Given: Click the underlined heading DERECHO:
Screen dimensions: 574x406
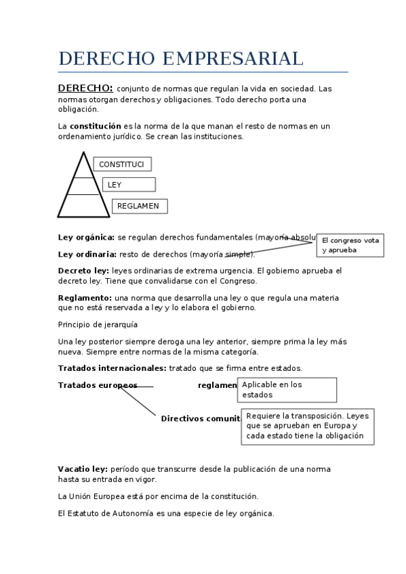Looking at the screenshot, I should point(85,88).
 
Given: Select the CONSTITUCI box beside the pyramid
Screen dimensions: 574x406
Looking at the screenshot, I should point(122,164).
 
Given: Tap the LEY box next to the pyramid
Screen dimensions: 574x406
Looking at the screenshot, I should point(129,185).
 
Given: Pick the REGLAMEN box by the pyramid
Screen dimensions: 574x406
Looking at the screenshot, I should point(139,206).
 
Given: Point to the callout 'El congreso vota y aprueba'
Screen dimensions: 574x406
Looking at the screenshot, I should point(350,245).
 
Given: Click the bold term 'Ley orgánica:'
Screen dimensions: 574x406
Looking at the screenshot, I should point(86,238).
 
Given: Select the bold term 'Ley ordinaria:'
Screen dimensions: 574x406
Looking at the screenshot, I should point(87,255).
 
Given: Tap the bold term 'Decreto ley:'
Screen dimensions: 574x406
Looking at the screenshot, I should point(83,271).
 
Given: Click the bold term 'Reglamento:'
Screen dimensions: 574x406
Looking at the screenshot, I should point(85,298).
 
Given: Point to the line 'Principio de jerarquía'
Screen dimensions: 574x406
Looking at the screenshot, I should point(98,324).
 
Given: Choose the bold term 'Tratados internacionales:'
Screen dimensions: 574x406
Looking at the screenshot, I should point(112,368).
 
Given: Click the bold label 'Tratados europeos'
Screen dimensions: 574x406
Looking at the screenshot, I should point(98,385).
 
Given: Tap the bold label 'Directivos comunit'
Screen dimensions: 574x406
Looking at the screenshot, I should point(201,418).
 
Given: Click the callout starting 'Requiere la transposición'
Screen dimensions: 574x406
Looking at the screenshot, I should point(308,426).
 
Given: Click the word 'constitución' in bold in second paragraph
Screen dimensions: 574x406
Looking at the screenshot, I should point(96,126).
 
